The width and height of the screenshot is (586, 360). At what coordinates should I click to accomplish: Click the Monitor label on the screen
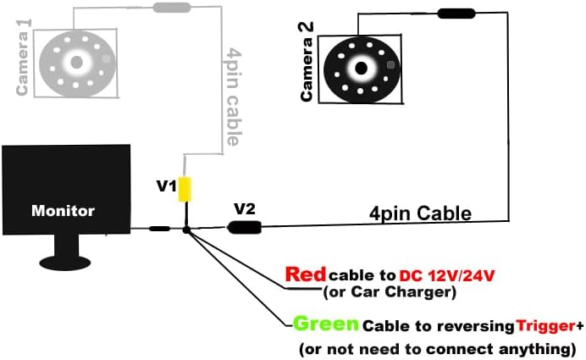tap(64, 210)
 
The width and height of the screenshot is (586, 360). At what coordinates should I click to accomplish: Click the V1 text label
tap(167, 185)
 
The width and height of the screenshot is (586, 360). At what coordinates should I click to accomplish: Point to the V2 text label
tap(245, 208)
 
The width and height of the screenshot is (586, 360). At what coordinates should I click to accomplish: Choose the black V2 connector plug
tap(245, 226)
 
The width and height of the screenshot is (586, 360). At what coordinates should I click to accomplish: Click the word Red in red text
tap(306, 274)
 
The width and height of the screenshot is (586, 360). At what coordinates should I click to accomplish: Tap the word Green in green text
tap(326, 324)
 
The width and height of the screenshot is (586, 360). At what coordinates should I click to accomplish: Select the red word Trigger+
tap(546, 326)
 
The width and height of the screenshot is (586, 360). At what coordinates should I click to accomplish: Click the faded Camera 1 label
tap(24, 58)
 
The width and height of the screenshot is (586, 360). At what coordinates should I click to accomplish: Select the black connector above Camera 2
tap(456, 14)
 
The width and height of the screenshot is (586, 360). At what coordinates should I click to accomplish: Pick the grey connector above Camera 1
tap(171, 8)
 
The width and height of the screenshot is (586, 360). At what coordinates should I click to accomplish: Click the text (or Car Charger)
tap(390, 293)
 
